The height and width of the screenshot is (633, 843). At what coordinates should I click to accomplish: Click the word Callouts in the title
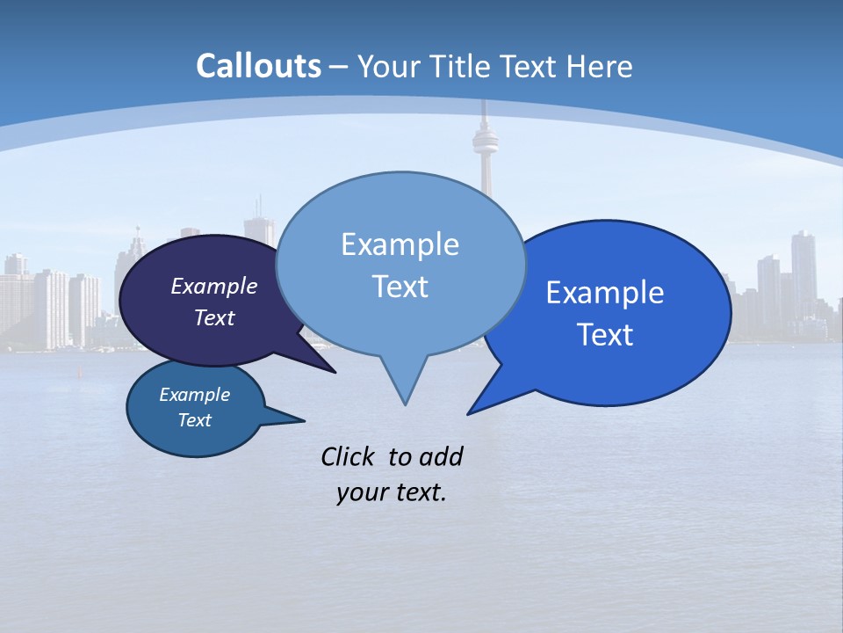[258, 66]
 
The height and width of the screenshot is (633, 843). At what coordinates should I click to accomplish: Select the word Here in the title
[599, 66]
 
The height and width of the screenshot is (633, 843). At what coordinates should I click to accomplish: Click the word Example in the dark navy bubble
[214, 286]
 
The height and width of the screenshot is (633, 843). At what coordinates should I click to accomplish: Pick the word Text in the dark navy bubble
[214, 317]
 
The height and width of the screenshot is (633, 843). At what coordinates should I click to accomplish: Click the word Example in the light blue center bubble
[400, 244]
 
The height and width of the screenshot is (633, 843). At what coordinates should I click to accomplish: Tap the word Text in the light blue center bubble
[400, 287]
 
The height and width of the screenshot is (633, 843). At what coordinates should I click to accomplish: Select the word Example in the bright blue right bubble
[605, 293]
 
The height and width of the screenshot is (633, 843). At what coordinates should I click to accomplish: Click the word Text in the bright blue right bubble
[605, 335]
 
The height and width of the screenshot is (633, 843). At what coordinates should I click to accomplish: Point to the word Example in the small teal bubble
[194, 395]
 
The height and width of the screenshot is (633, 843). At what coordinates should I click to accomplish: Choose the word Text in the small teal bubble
[194, 420]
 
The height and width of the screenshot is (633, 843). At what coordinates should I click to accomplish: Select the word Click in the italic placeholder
[349, 456]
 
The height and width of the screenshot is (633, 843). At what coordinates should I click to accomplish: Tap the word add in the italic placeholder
[440, 456]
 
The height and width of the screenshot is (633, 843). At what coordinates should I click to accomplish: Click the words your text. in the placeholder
[392, 492]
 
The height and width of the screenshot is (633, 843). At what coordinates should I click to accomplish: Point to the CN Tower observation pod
[482, 139]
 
